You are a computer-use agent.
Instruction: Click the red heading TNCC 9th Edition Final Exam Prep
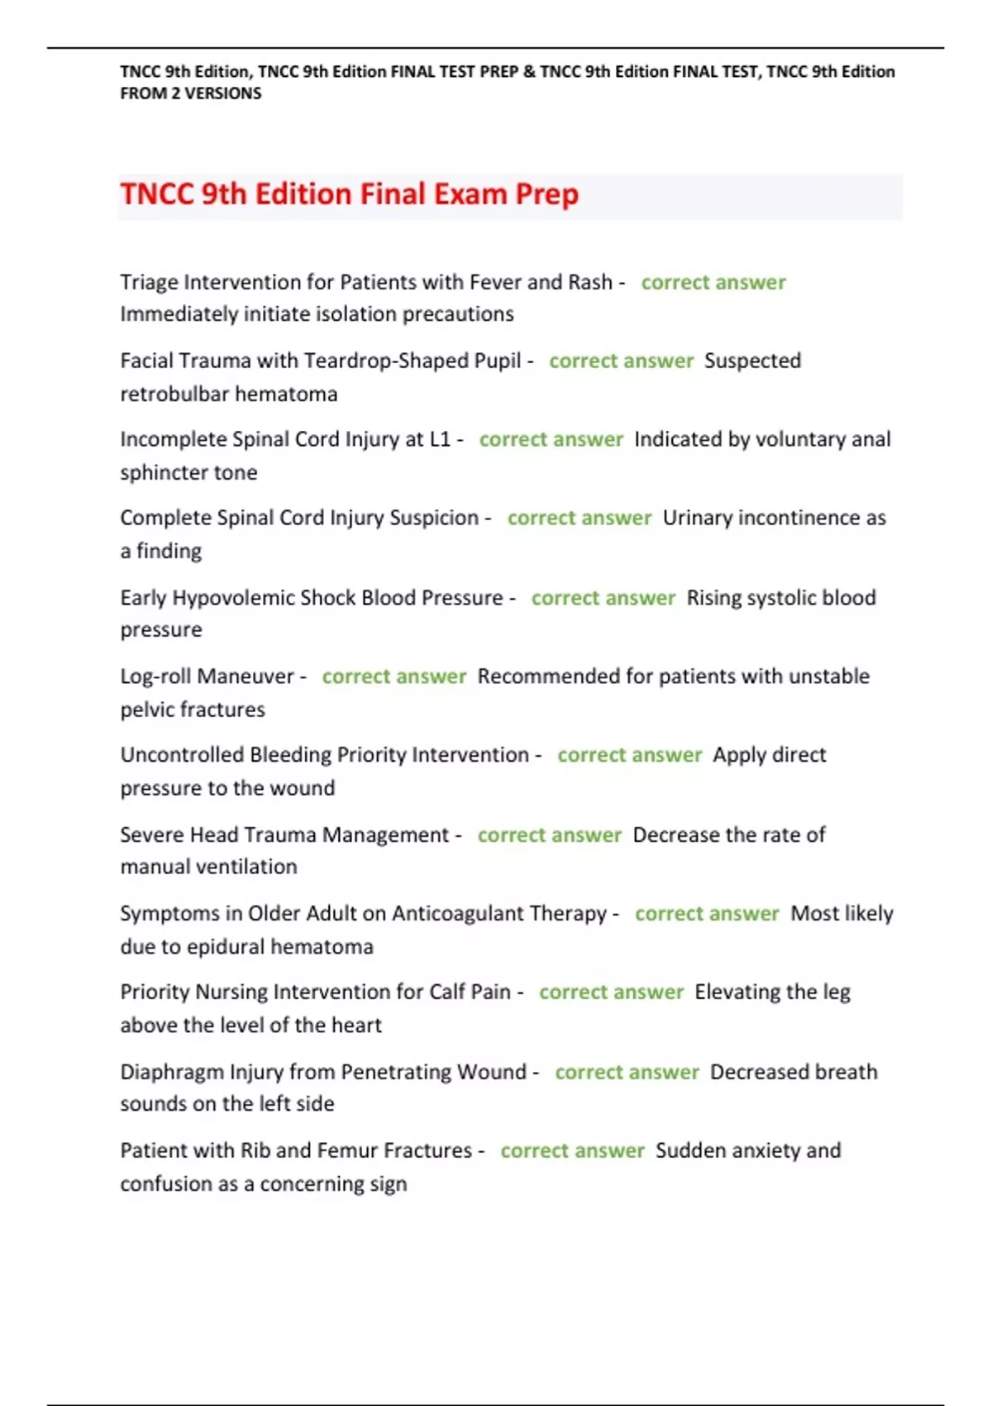(349, 194)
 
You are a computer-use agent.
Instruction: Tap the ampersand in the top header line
(529, 72)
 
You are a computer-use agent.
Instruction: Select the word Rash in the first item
(590, 282)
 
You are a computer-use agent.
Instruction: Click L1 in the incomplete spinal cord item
(440, 439)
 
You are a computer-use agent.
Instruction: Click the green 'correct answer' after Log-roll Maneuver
(394, 677)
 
